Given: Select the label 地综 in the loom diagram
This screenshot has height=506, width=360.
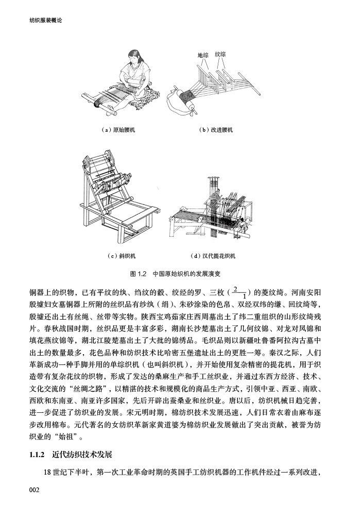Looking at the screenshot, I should [x=202, y=55].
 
